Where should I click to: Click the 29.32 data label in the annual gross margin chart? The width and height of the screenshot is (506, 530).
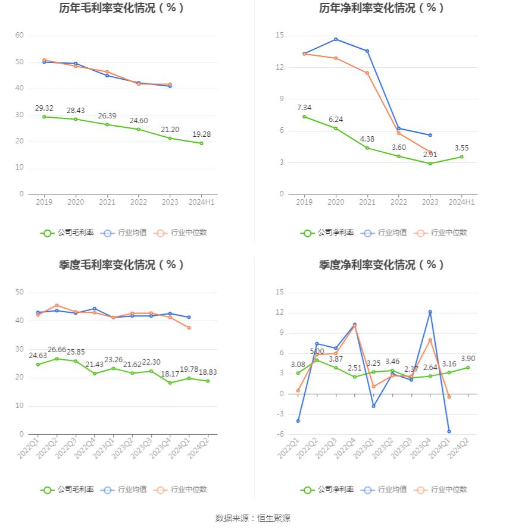click(44, 108)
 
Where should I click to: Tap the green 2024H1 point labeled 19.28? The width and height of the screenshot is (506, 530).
click(201, 143)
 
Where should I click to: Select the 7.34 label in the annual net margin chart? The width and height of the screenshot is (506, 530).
click(304, 108)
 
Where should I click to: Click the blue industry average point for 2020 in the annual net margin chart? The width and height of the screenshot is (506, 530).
click(336, 39)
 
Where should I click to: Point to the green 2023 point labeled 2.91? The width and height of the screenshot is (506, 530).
click(430, 164)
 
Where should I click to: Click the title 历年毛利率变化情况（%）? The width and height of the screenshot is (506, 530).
click(121, 8)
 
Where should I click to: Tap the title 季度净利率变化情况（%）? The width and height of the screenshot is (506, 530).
click(382, 265)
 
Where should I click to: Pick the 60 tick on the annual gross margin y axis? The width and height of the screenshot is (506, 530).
click(20, 36)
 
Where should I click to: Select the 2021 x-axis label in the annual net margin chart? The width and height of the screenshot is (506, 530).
click(367, 202)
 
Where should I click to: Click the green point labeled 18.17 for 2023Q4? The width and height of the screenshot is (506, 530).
click(170, 383)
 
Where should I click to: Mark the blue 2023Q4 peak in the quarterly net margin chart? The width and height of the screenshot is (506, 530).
click(430, 312)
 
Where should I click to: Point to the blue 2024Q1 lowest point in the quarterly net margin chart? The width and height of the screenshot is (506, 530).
click(449, 431)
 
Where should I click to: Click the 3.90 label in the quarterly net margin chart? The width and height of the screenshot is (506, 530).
click(468, 359)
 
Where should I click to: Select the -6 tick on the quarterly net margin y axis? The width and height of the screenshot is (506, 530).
click(280, 434)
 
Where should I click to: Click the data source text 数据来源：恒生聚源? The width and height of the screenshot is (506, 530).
click(252, 518)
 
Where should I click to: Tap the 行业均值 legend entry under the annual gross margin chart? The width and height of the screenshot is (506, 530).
click(124, 233)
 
